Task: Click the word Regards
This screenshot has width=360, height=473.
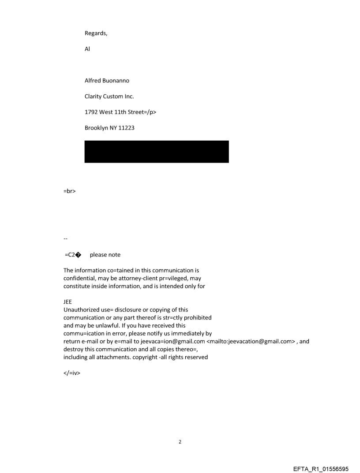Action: (x=95, y=33)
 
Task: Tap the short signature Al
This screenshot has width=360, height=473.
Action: (x=87, y=49)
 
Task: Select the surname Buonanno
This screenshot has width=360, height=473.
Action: (x=115, y=81)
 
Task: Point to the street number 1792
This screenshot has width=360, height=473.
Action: (x=91, y=112)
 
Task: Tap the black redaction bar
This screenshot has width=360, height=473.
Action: (x=157, y=152)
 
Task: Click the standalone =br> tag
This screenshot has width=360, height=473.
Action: (x=70, y=192)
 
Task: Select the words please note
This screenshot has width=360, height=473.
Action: (x=105, y=255)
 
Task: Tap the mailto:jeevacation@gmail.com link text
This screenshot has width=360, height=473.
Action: (x=252, y=341)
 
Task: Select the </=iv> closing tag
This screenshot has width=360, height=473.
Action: (x=71, y=373)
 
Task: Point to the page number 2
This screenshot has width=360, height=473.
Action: (x=180, y=442)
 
